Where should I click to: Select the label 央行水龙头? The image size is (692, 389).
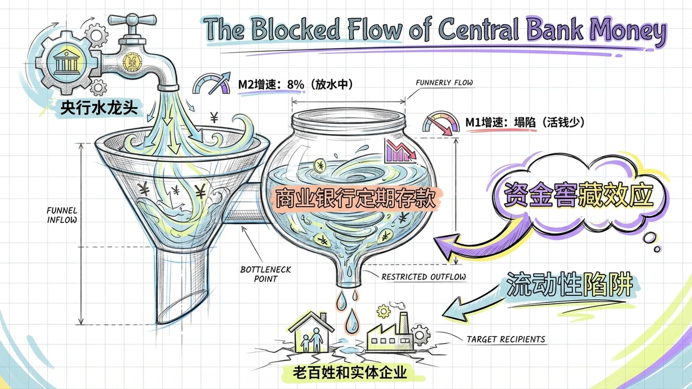pyautogui.click(x=99, y=107)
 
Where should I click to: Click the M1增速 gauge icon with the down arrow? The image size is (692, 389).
pyautogui.click(x=441, y=124)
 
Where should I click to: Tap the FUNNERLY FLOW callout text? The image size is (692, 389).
pyautogui.click(x=444, y=83)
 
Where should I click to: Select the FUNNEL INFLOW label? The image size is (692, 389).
pyautogui.click(x=62, y=215)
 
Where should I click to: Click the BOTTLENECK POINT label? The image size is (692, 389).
pyautogui.click(x=266, y=274)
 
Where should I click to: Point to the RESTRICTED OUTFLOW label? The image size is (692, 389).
pyautogui.click(x=423, y=277)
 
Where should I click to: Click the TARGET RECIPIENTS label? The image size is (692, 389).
pyautogui.click(x=506, y=339)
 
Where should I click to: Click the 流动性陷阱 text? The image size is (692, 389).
pyautogui.click(x=569, y=285)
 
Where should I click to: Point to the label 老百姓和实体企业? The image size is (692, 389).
pyautogui.click(x=350, y=372)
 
